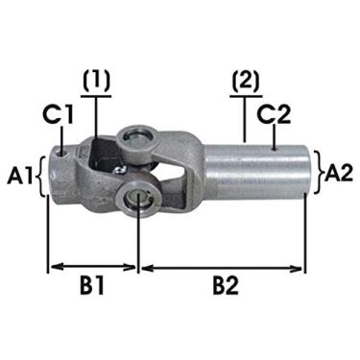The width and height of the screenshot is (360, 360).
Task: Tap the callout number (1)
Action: pyautogui.click(x=96, y=82)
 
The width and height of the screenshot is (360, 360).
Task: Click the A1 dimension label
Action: pyautogui.click(x=19, y=176)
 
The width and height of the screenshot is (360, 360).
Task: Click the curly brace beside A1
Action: pyautogui.click(x=40, y=176)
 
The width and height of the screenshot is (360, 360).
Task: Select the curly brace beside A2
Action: pyautogui.click(x=317, y=174)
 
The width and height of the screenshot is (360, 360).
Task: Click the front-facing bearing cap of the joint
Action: pyautogui.click(x=140, y=200)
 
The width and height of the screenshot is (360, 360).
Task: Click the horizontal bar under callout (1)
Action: pyautogui.click(x=96, y=97)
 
